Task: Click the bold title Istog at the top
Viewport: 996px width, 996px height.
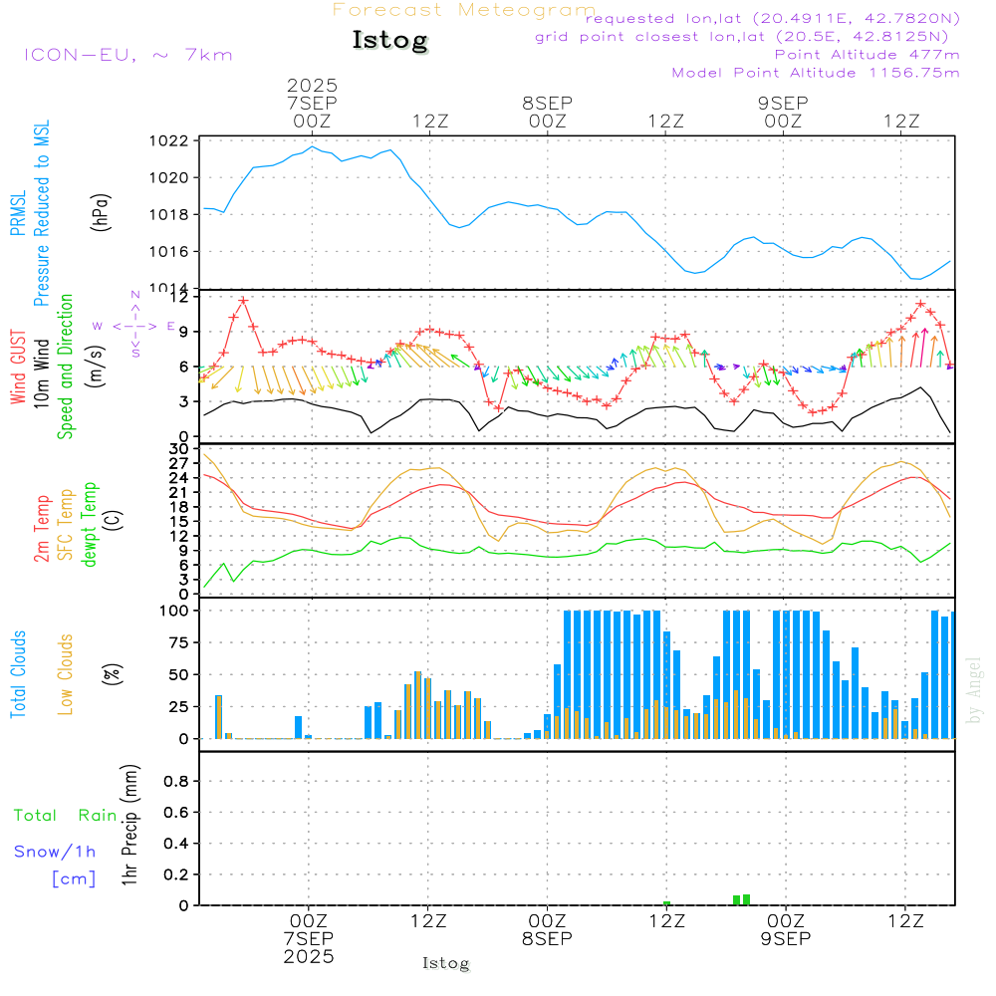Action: [x=389, y=41]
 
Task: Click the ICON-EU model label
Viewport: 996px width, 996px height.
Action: [x=127, y=55]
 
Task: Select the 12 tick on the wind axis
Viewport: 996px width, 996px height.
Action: [x=180, y=297]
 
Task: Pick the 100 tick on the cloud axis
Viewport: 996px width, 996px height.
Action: [x=175, y=611]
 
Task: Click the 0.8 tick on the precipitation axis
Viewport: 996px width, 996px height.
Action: [x=177, y=782]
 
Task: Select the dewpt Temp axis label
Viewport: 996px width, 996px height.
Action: [x=90, y=525]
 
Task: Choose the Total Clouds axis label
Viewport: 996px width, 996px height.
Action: [x=19, y=674]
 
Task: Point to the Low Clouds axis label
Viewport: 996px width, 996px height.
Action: [x=66, y=674]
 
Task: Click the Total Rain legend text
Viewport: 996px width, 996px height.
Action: [x=66, y=816]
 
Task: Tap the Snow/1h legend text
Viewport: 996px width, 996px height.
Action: [x=56, y=852]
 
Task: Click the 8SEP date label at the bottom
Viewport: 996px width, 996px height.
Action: [x=547, y=938]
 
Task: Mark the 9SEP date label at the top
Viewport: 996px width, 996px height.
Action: [x=783, y=103]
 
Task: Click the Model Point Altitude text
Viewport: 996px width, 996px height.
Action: [x=816, y=73]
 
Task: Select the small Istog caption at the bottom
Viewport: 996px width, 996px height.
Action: [x=445, y=963]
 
